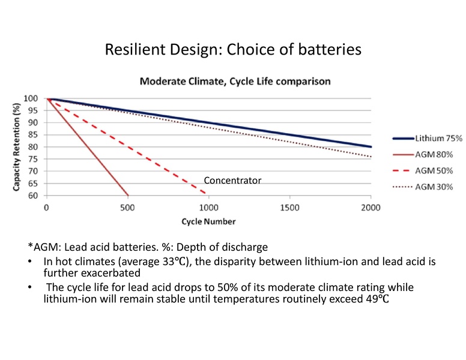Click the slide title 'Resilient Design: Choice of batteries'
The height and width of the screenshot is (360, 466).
(233, 49)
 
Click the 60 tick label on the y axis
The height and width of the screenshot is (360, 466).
(37, 196)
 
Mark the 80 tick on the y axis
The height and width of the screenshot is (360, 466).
(37, 147)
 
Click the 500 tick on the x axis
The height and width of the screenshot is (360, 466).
(127, 206)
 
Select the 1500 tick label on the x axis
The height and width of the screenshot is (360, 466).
(289, 206)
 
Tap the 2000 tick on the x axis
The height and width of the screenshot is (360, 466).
(371, 206)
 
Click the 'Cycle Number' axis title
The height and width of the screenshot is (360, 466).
(208, 221)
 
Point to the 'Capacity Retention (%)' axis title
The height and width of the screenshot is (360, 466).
(18, 146)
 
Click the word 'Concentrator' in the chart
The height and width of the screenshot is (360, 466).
(232, 180)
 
